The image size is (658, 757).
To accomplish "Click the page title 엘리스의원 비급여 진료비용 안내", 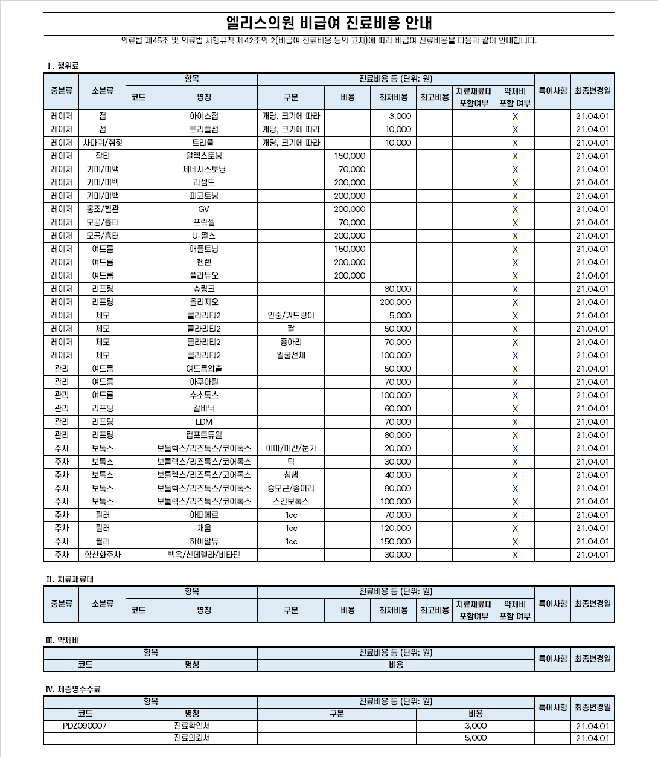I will pos(329,23).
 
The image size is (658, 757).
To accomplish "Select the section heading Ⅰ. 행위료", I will pos(63,65).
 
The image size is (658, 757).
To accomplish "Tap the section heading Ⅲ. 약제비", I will pos(62,640).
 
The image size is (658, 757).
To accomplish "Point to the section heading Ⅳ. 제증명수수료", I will pos(73,689).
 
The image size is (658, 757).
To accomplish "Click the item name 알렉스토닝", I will pos(203,156).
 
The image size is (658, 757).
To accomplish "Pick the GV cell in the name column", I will pos(203,209).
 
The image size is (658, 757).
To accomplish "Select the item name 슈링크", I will pos(203,289).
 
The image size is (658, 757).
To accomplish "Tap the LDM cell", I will pos(203,422).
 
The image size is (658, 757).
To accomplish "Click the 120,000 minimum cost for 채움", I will pos(395,528).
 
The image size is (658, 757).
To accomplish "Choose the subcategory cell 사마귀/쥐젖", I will pos(103,143).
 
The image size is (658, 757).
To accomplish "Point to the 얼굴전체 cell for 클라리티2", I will pos(290,355).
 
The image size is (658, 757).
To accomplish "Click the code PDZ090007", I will pos(85,726).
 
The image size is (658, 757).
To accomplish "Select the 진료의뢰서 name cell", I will pos(191,738).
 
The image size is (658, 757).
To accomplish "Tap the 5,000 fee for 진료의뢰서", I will pos(475,738).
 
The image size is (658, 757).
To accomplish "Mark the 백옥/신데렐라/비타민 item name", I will pos(203,555).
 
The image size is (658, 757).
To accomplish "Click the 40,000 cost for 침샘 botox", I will pos(398,475).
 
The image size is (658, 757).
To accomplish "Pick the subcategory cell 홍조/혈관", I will pos(103,209).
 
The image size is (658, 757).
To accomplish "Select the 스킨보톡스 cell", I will pos(290,501).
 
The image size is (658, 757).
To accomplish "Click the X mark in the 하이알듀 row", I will pos(515,541).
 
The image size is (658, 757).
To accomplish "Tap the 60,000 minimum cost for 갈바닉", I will pos(398,408).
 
